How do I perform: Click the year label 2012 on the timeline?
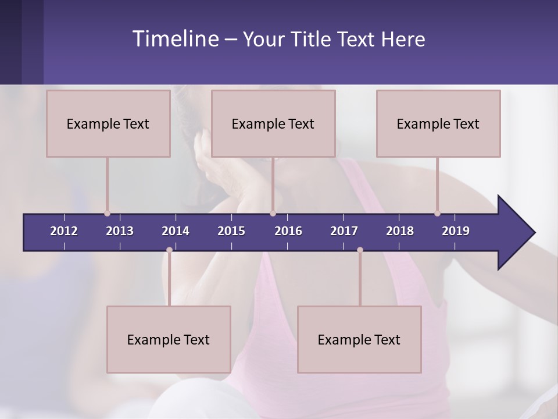point(64,231)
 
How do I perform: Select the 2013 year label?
point(120,231)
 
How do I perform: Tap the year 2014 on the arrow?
point(176,231)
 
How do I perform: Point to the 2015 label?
point(231,231)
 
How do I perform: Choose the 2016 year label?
point(288,231)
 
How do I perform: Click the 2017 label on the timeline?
point(344,231)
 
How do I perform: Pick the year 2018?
point(400,231)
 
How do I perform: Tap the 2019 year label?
point(456,231)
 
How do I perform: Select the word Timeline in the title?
point(175,39)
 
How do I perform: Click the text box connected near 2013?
point(108,123)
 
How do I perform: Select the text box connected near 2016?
point(273,123)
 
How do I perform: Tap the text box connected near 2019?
point(438,123)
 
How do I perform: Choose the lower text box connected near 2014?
point(169,339)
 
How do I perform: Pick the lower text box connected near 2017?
point(359,339)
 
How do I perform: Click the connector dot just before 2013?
point(107,214)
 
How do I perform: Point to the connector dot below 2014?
point(169,250)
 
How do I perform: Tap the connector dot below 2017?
point(360,250)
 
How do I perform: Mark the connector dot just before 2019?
point(437,214)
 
